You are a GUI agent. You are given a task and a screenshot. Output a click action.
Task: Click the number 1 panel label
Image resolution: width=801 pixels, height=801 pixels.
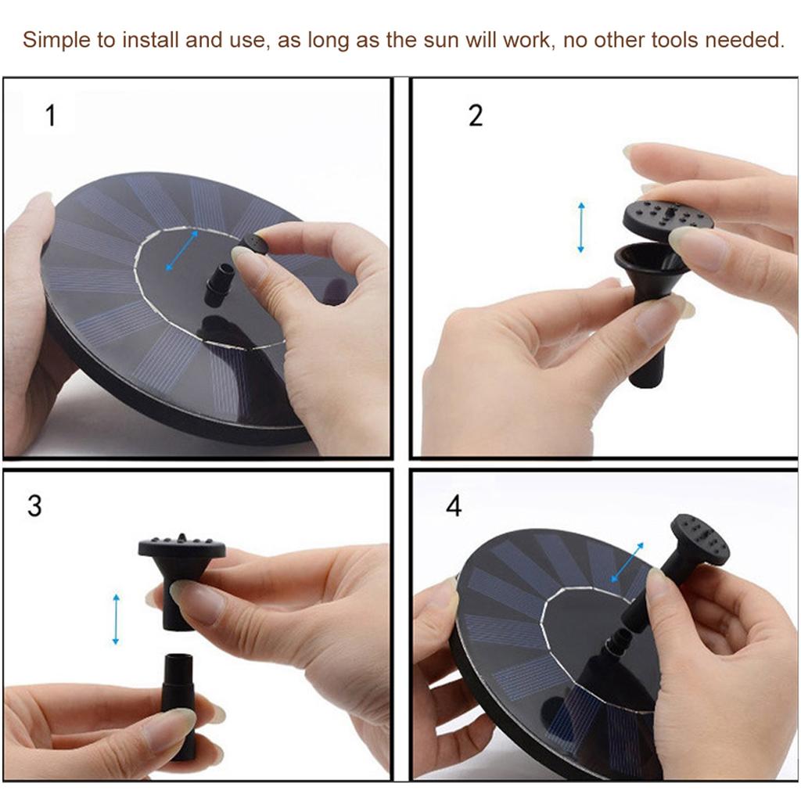pyautogui.click(x=50, y=116)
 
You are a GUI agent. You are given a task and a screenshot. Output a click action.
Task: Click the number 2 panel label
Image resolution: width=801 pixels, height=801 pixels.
pyautogui.click(x=476, y=116)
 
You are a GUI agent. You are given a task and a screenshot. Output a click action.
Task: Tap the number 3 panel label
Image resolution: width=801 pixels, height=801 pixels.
pyautogui.click(x=34, y=506)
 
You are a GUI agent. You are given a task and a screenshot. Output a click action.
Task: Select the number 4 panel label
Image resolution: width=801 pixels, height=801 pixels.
pyautogui.click(x=454, y=506)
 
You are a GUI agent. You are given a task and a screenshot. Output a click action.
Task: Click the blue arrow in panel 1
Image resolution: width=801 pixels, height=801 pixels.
pyautogui.click(x=181, y=250)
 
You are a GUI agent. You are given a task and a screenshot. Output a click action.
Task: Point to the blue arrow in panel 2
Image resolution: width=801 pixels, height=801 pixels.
pyautogui.click(x=581, y=228)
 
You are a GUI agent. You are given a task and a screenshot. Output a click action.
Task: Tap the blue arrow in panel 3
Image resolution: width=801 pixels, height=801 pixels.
pyautogui.click(x=116, y=620)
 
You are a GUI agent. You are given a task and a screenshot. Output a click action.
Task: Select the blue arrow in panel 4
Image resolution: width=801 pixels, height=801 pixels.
pyautogui.click(x=628, y=562)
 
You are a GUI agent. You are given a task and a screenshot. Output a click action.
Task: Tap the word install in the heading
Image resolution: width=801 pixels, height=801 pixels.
pyautogui.click(x=151, y=40)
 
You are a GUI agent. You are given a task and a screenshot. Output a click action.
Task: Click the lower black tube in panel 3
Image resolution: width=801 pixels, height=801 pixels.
pyautogui.click(x=180, y=705)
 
